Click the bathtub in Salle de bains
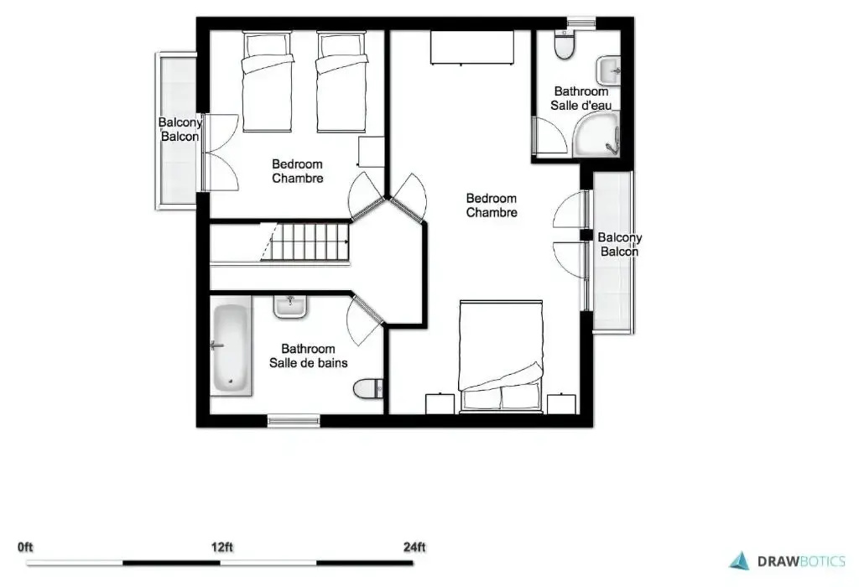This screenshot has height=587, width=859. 232,346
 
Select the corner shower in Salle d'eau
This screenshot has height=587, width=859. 596,134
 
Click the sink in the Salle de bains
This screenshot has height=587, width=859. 290,307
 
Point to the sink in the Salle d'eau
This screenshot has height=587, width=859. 608,71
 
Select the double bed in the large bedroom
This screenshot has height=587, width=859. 501,356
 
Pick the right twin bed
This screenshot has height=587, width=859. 341,81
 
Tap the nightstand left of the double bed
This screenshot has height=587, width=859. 440,404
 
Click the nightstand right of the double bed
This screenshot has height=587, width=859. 561,404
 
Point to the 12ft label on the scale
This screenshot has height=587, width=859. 221,547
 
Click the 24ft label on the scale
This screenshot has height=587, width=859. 414,547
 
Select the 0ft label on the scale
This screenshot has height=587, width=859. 25,547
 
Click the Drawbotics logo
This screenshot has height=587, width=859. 787,561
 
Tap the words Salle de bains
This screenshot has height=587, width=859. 309,362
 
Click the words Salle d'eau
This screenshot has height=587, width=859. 581,105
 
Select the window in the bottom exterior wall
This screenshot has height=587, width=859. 294,420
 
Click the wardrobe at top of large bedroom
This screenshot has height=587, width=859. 472,48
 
